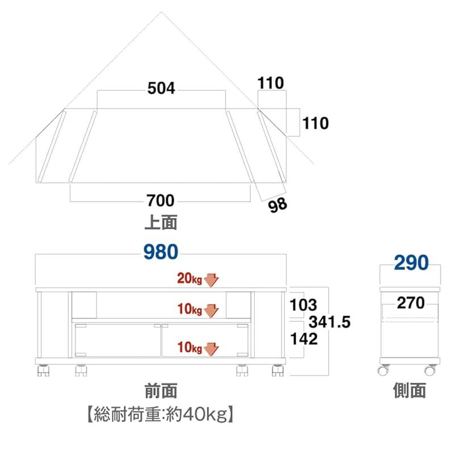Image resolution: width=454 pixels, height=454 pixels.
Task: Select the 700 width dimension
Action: (x=161, y=201)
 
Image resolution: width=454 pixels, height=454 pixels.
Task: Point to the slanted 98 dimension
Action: (x=278, y=205)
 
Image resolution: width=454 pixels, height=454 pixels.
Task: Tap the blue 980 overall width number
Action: (x=161, y=253)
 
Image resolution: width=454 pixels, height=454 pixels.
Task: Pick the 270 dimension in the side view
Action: (x=410, y=303)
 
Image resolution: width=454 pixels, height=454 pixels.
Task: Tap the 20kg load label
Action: (x=190, y=279)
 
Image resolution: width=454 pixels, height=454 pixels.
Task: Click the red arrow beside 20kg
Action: (x=212, y=279)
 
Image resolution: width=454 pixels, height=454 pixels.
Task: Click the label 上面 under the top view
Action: (x=161, y=222)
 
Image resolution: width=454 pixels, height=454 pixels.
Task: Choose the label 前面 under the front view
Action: (x=161, y=390)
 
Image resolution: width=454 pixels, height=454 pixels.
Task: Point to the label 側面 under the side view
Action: (x=409, y=390)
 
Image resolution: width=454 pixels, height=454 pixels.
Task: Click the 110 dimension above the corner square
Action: (x=270, y=84)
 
